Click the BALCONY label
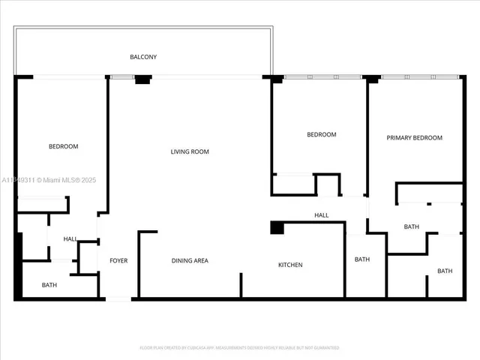tap(143, 57)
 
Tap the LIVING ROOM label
tap(190, 151)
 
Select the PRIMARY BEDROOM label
tap(414, 138)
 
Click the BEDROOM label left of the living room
tap(63, 146)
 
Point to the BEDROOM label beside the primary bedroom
tap(321, 134)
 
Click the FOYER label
tap(118, 261)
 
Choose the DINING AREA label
tap(190, 261)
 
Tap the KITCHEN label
tap(290, 265)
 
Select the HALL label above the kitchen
tap(321, 215)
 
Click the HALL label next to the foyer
tap(70, 238)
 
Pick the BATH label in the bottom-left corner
tap(49, 285)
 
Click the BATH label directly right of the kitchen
tap(362, 259)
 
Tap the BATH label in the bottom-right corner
tap(445, 271)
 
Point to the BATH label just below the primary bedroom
tap(411, 226)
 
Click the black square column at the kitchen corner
tap(276, 227)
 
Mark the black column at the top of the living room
tap(142, 79)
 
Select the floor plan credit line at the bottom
tap(239, 348)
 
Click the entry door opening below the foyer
tap(118, 299)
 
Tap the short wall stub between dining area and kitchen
tap(241, 285)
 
